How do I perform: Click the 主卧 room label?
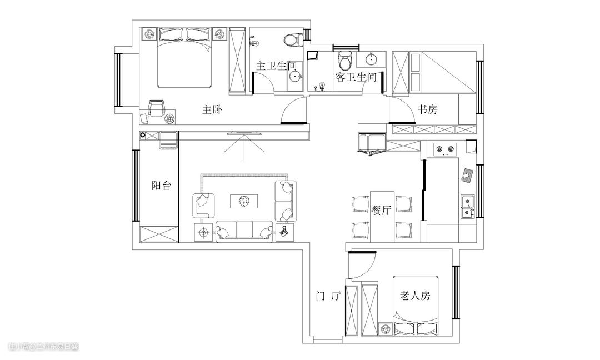coord(212,110)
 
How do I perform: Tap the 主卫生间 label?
coord(277,66)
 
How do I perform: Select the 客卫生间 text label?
coord(356,77)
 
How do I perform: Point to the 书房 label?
coord(427,110)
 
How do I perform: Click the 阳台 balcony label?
coord(161,186)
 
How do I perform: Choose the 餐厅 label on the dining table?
coord(382,210)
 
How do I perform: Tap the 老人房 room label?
coord(415,296)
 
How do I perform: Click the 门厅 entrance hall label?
coord(328,296)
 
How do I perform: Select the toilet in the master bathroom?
coord(294,40)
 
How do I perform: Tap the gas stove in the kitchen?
coord(444,149)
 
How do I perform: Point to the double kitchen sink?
coord(468,207)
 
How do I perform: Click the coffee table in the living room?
coord(244,202)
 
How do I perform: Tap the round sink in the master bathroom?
coord(294,77)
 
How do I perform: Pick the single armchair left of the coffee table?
coord(203,206)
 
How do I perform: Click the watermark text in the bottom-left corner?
coord(44,347)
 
